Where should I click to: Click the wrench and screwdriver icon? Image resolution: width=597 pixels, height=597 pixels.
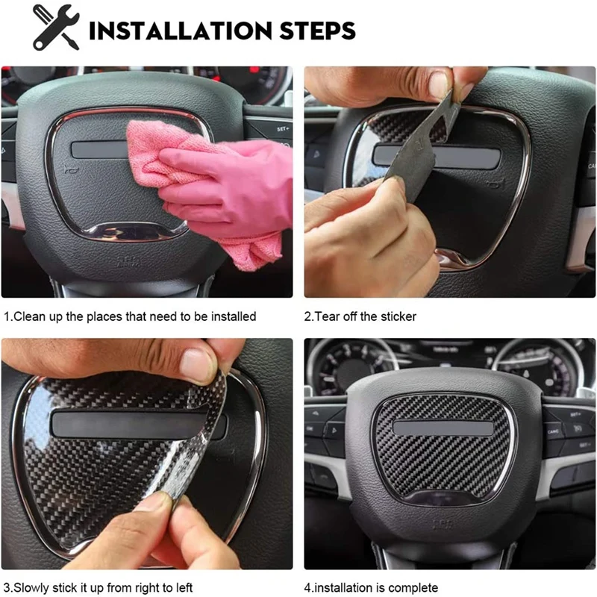[56, 29]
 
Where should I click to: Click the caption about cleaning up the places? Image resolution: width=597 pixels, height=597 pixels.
[131, 316]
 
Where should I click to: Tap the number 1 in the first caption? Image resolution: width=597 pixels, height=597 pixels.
[7, 316]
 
